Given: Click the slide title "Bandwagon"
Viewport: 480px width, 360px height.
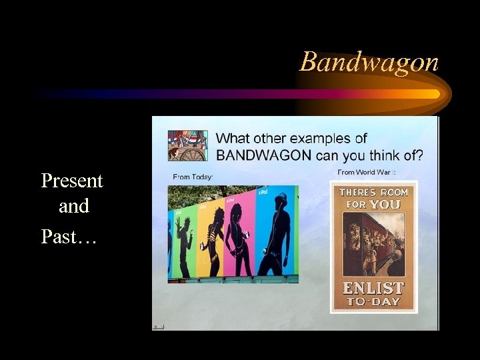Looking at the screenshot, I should [369, 62].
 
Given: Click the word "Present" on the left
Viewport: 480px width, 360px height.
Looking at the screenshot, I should [72, 181].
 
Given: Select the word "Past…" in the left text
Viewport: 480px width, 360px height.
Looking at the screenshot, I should [69, 236].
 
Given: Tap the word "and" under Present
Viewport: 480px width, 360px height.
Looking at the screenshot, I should [73, 207].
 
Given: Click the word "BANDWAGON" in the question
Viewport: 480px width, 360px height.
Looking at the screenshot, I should [264, 155].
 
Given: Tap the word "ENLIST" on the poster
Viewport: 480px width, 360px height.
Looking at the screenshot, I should [373, 288].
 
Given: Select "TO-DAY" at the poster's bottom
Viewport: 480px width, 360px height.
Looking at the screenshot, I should [373, 301].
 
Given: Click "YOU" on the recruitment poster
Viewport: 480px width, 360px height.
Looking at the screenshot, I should [384, 204].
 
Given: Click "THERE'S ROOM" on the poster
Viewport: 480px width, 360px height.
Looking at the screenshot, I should [373, 192].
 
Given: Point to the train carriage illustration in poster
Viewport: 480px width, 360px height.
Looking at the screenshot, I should [373, 247].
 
